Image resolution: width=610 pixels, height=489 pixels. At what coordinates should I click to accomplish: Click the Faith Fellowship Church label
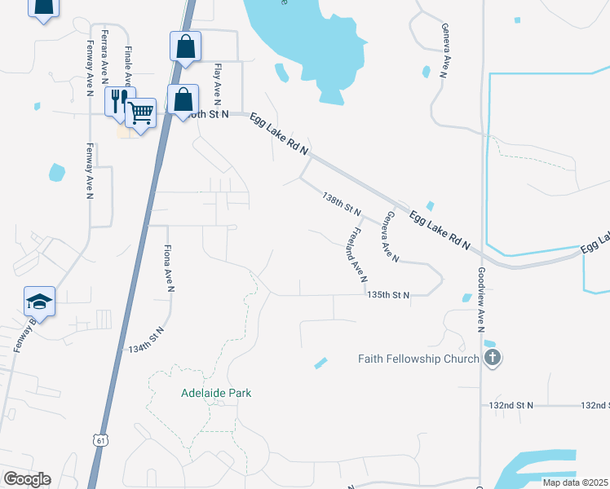coord(418,359)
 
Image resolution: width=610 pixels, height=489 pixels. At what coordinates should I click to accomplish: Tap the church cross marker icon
coord(492,358)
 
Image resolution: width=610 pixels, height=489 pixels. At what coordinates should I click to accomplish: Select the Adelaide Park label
coord(216,393)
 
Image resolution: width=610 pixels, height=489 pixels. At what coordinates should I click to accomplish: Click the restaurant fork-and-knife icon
coord(118,101)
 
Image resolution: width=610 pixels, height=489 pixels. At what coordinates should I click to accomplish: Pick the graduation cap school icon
coord(39,302)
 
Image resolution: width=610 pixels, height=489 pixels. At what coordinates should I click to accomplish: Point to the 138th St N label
coord(342,205)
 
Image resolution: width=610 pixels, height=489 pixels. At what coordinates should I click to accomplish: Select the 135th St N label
coord(387,294)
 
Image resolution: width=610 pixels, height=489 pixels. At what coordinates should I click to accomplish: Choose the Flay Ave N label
coord(217,85)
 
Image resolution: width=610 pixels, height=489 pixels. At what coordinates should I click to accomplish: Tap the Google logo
coord(27,479)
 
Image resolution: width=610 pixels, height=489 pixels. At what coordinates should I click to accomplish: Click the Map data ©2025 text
coord(575,482)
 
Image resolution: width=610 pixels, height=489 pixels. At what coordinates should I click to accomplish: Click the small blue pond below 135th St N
coord(320,363)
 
